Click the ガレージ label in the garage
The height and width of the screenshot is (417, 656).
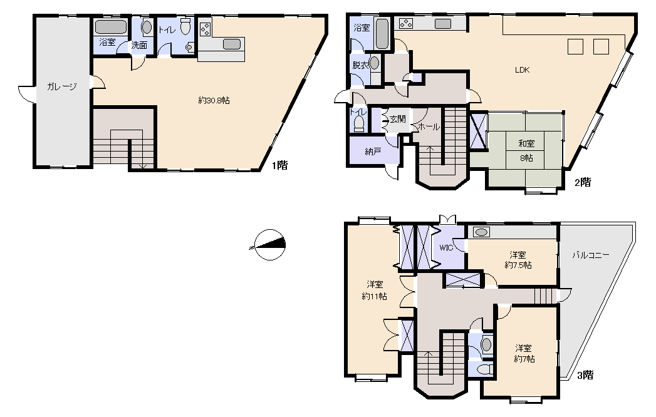point(61,86)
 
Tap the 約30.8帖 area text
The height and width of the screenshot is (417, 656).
point(214,100)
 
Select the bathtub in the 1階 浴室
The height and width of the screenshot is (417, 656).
point(111,27)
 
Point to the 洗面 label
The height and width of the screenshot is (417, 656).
point(139,45)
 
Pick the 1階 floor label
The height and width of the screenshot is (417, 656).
point(280,165)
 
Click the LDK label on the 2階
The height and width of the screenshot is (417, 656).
point(522,70)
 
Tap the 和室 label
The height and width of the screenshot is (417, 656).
point(526,143)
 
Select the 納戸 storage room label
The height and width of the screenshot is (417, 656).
point(373,152)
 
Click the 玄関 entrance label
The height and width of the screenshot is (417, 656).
point(398,119)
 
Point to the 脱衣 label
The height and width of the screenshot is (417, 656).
point(360,65)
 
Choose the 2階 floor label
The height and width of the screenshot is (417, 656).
point(583,182)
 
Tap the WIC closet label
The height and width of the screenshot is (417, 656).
point(446,247)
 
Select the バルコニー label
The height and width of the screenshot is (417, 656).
point(591,255)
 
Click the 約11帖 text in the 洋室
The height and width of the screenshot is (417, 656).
point(374,296)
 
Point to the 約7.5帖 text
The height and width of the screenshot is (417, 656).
point(518,265)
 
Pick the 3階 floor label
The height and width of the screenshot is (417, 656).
point(585,375)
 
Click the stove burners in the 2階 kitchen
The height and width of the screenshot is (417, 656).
point(406,24)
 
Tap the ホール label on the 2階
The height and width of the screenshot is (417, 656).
point(429,126)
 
